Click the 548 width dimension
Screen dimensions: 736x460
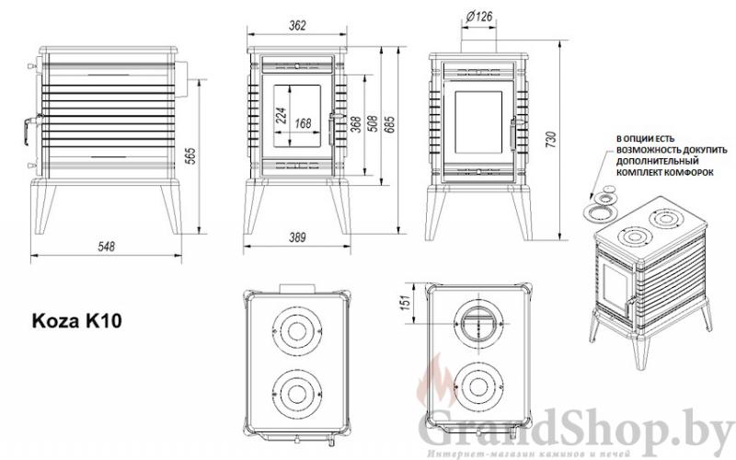tap(106, 247)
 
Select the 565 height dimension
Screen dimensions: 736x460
tap(190, 155)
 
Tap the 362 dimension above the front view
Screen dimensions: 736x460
tap(297, 26)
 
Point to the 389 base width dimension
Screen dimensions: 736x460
tap(297, 237)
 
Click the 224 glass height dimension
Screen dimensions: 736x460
tap(281, 116)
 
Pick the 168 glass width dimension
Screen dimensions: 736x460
tap(304, 123)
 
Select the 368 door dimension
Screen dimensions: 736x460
tap(357, 124)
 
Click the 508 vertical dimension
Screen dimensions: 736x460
tap(374, 123)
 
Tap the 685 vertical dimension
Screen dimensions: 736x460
tap(389, 124)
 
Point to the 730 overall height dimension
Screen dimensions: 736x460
tap(551, 140)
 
